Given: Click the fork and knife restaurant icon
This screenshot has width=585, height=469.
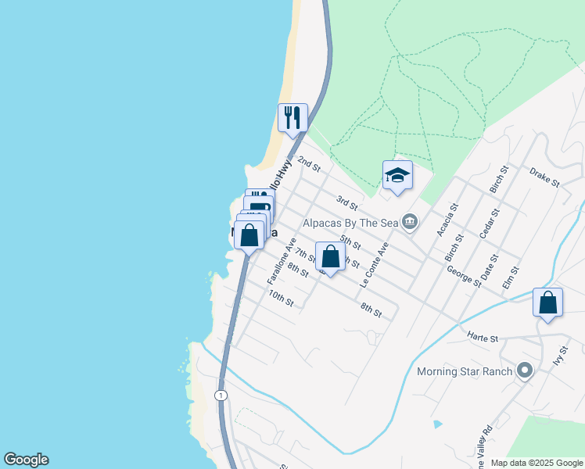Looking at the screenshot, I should pyautogui.click(x=292, y=118).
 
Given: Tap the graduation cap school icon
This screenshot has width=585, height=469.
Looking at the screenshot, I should pyautogui.click(x=397, y=175).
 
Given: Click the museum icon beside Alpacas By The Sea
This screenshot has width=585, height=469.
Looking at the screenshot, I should pyautogui.click(x=410, y=224).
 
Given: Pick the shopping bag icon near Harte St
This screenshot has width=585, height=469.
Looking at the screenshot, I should pyautogui.click(x=548, y=303).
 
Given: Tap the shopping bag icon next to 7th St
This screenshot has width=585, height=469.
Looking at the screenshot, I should pyautogui.click(x=330, y=256).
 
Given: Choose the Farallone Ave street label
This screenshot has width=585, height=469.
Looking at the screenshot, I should pyautogui.click(x=282, y=261).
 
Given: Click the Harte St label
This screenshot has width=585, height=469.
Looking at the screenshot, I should pyautogui.click(x=483, y=338).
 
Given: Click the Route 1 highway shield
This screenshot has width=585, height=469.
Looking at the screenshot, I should pyautogui.click(x=221, y=395).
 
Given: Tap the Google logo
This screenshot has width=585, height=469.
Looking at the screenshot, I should pyautogui.click(x=26, y=460).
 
